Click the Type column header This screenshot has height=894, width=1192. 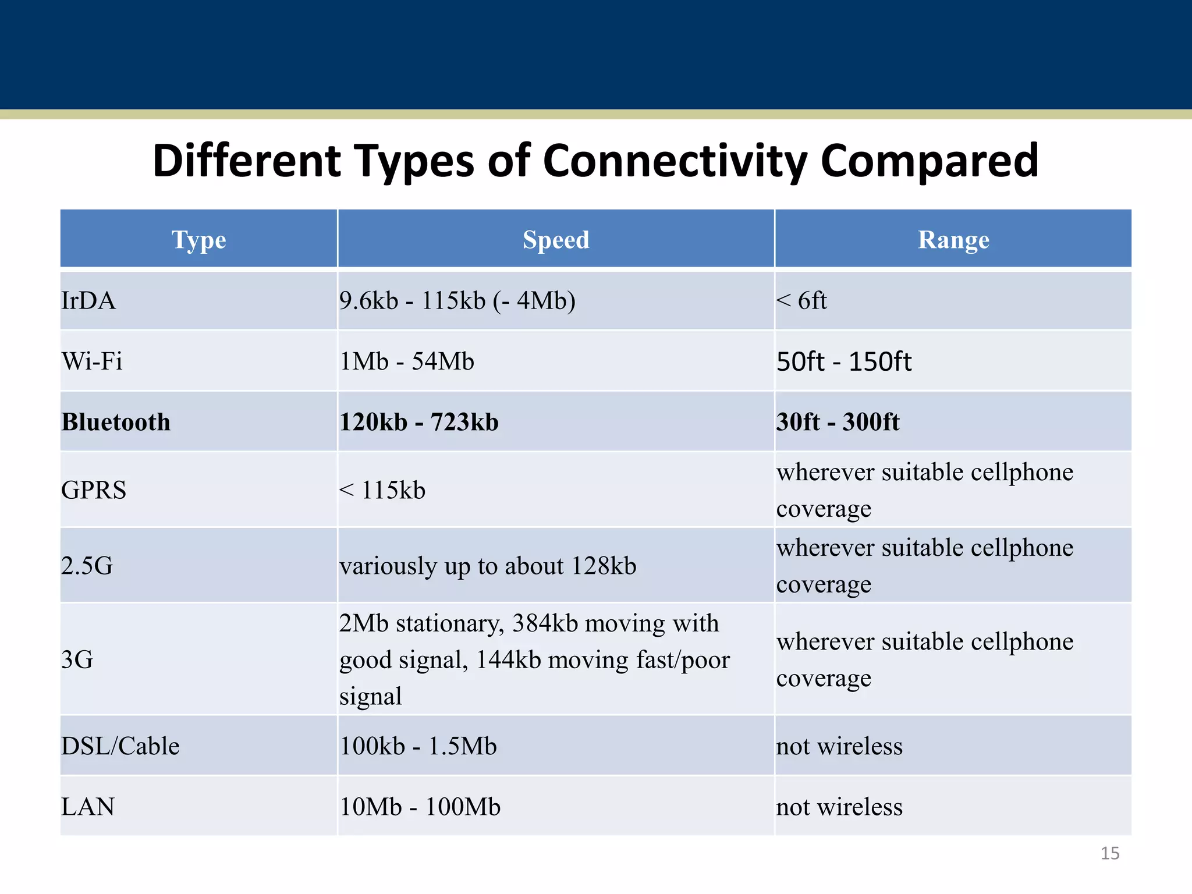[x=198, y=240]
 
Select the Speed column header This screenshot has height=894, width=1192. [x=556, y=240]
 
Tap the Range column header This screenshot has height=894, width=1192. [x=953, y=240]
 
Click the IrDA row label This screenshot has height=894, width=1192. [x=88, y=301]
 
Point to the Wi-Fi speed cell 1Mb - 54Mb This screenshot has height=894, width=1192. [x=407, y=361]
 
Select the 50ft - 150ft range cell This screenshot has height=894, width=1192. [x=843, y=361]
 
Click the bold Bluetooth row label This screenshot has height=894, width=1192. [x=116, y=422]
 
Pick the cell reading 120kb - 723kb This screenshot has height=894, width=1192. [x=419, y=422]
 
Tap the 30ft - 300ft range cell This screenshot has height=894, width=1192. [x=838, y=422]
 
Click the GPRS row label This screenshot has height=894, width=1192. [x=94, y=490]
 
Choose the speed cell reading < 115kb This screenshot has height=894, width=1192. [x=382, y=490]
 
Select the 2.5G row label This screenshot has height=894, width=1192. [x=87, y=566]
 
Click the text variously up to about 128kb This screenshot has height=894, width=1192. [x=488, y=566]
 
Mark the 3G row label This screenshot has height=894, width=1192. [x=77, y=659]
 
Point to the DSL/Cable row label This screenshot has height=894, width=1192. [x=120, y=746]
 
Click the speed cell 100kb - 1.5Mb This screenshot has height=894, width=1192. [x=418, y=746]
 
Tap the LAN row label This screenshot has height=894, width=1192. [x=88, y=807]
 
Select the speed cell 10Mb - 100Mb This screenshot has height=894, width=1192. [x=420, y=807]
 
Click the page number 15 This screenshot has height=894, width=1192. [x=1109, y=853]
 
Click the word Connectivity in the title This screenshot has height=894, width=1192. [x=675, y=161]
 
